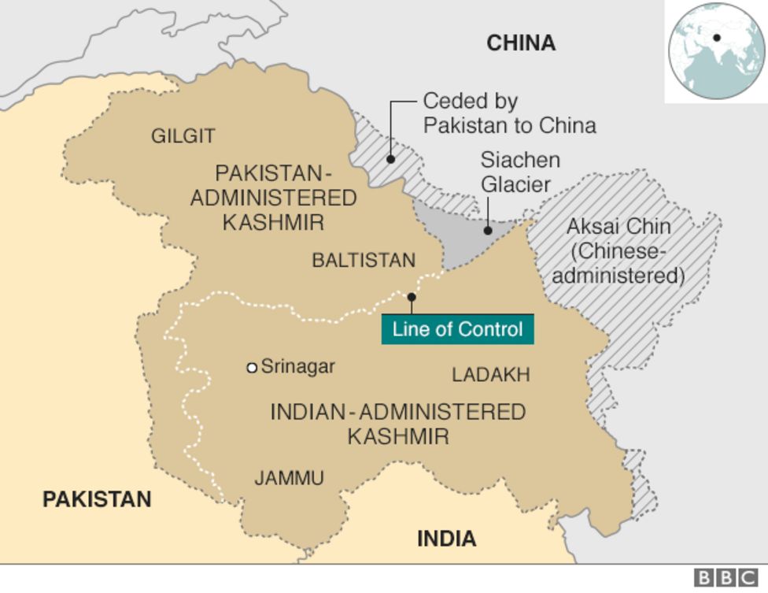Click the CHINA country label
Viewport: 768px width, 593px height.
point(521,43)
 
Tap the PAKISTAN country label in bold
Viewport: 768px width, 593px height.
point(97,498)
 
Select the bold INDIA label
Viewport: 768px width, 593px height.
point(446,539)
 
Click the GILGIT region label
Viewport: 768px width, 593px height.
point(183,136)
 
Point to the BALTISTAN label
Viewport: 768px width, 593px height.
point(364,260)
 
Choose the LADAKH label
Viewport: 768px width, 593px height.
point(490,375)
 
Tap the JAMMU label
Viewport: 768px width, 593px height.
point(289,477)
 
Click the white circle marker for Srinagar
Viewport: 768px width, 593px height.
point(252,368)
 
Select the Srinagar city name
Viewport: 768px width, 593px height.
point(297,366)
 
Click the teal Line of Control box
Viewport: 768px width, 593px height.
point(457,328)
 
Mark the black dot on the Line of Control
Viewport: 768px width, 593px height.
point(411,297)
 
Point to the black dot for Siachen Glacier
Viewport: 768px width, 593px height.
point(488,231)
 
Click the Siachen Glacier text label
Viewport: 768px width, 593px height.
point(520,172)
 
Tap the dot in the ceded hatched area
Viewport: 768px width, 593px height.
point(390,159)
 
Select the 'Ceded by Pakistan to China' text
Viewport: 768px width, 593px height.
point(508,113)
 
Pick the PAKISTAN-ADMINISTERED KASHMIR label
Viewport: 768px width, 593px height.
point(273,197)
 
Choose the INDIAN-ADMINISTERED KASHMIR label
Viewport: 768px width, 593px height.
point(397,424)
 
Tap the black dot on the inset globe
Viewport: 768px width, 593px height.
point(718,37)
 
